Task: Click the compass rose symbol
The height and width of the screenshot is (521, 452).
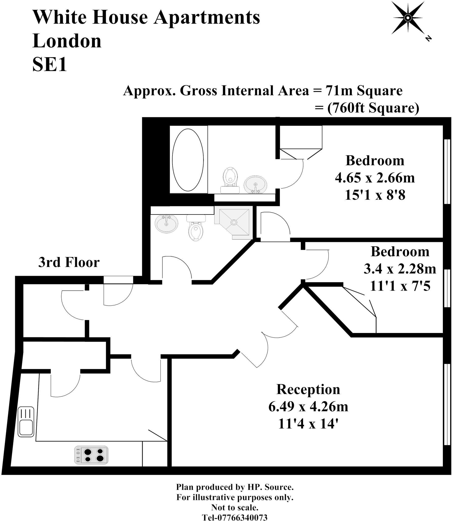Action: [407, 18]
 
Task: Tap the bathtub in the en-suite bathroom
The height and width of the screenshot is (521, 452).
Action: [188, 160]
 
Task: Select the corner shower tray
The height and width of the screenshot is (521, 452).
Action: [233, 222]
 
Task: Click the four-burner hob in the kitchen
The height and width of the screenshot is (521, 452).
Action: [91, 455]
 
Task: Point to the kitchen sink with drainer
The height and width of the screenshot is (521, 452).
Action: [26, 422]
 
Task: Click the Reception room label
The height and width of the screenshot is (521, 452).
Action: [308, 389]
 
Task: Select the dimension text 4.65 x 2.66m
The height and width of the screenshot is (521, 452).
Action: [375, 178]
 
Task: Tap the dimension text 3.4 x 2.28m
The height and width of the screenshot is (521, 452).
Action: [400, 269]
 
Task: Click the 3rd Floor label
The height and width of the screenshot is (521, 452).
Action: [69, 262]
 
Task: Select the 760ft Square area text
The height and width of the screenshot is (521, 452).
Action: [373, 108]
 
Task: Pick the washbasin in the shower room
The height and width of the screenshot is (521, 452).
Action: [166, 224]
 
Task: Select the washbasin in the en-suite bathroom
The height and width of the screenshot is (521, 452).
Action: [255, 184]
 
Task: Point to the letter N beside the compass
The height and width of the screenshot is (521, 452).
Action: [428, 38]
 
